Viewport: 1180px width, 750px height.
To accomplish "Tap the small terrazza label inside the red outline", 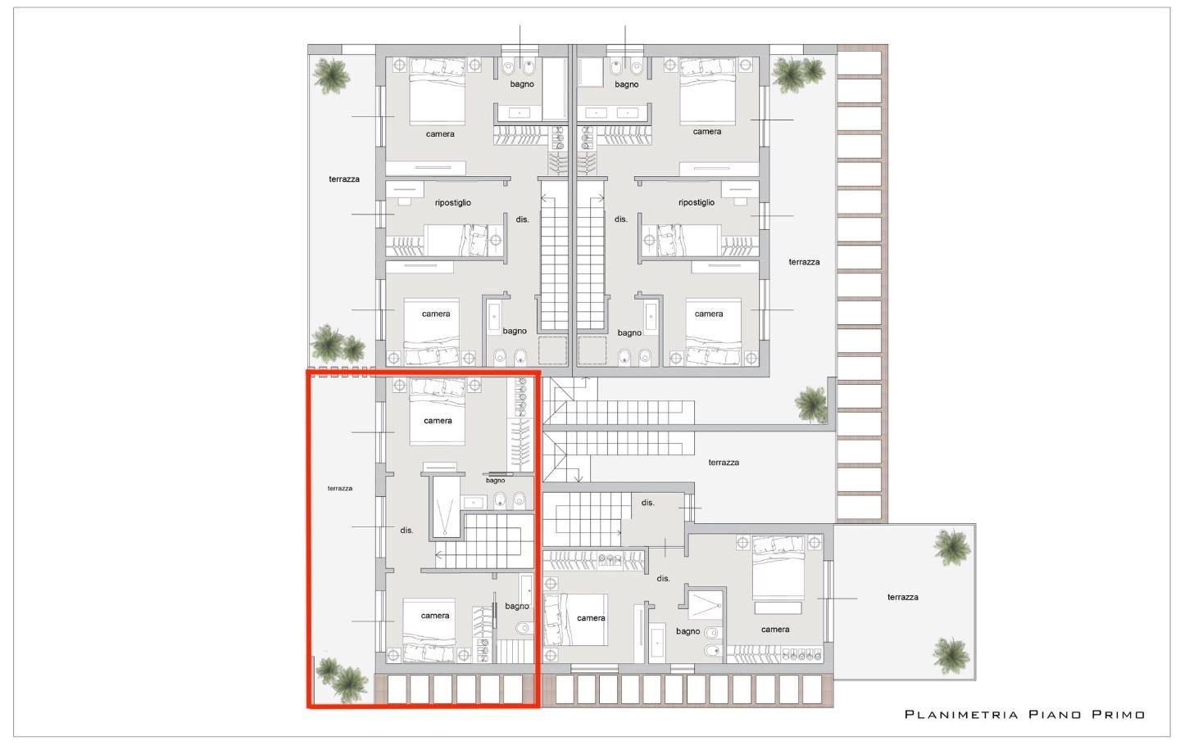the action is click(340, 489).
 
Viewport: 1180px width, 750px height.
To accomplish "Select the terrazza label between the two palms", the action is click(902, 597).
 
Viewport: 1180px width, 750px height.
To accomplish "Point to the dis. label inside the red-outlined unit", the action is click(406, 530).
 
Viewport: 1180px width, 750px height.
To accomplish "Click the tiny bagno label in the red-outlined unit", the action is click(495, 481).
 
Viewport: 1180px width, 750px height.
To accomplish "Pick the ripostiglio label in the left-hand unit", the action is click(452, 202).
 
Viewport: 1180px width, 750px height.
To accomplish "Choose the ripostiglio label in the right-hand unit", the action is click(697, 202).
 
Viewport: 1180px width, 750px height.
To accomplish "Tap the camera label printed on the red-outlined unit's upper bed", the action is click(438, 421).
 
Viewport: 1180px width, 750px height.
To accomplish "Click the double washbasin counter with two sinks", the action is click(607, 113).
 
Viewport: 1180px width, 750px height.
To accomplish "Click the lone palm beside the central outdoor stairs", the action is click(811, 404).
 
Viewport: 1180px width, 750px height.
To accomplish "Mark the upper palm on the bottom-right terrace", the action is click(951, 548).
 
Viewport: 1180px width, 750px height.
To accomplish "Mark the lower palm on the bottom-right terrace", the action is click(951, 656).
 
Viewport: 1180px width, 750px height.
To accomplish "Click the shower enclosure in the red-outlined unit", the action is click(446, 507).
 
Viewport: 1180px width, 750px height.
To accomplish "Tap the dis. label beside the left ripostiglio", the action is click(522, 219).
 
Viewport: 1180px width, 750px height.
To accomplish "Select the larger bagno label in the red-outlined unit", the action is click(517, 607).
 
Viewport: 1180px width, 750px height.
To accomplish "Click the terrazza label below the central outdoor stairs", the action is click(724, 462).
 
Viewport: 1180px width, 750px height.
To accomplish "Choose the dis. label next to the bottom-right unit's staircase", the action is click(647, 503).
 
